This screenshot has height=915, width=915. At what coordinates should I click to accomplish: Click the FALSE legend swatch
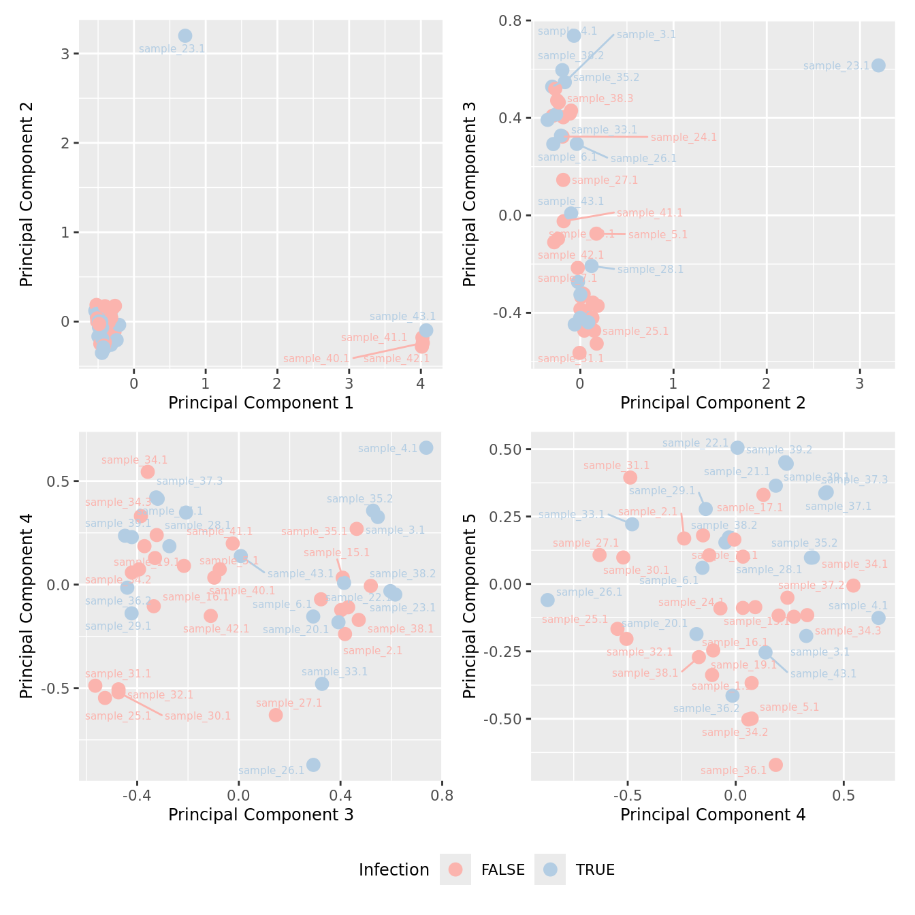pyautogui.click(x=455, y=869)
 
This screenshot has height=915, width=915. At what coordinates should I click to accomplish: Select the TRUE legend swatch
pyautogui.click(x=550, y=869)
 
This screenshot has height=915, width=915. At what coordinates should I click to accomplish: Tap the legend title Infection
pyautogui.click(x=394, y=870)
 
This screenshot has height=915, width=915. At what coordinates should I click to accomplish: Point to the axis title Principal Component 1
pyautogui.click(x=261, y=403)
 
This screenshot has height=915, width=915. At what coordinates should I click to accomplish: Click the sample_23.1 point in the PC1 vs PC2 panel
pyautogui.click(x=185, y=36)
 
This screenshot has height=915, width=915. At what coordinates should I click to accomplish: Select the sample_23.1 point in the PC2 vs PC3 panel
pyautogui.click(x=878, y=65)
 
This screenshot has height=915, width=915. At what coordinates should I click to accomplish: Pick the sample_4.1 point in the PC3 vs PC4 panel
pyautogui.click(x=426, y=448)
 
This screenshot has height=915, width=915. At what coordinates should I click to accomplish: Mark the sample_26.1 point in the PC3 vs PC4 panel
pyautogui.click(x=313, y=765)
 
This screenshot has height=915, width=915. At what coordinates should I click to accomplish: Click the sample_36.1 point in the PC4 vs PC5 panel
pyautogui.click(x=775, y=765)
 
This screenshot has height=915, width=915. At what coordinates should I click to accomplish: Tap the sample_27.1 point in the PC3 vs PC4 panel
pyautogui.click(x=276, y=715)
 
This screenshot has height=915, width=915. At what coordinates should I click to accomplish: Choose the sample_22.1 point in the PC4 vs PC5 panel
pyautogui.click(x=737, y=447)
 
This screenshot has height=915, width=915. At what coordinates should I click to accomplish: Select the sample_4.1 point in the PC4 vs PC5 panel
pyautogui.click(x=878, y=617)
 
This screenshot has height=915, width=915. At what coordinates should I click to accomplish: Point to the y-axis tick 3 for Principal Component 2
pyautogui.click(x=66, y=54)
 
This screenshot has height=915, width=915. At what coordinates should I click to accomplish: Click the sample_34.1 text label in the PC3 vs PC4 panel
pyautogui.click(x=134, y=460)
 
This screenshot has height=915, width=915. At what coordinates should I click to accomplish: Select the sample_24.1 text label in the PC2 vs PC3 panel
pyautogui.click(x=684, y=138)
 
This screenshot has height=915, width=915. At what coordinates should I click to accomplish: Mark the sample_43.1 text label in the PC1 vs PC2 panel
pyautogui.click(x=402, y=317)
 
